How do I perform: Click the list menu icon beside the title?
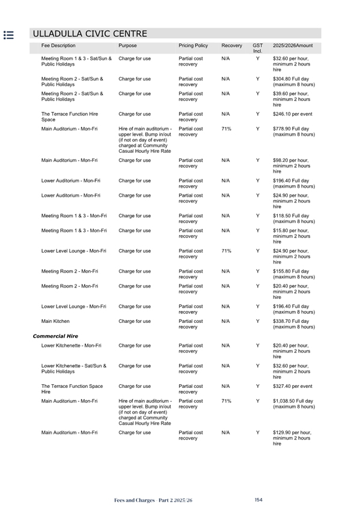tap(9, 35)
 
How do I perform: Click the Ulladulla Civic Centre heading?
tap(90, 34)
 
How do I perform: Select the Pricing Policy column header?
tap(193, 46)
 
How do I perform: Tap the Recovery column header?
tap(231, 46)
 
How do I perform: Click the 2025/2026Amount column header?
tap(293, 46)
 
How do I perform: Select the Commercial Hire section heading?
tap(55, 336)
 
